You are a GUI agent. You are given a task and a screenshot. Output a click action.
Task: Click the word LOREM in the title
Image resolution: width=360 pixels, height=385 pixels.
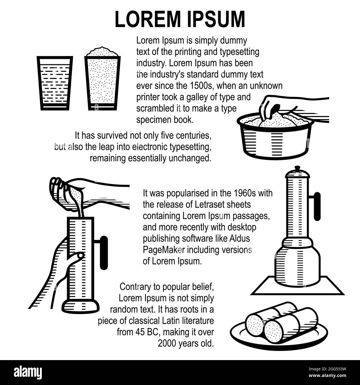coord(148,19)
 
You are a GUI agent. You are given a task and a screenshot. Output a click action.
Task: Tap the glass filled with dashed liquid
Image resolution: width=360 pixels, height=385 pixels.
coord(55,83)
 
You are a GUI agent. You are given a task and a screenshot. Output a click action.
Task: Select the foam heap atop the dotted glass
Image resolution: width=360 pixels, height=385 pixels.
coord(102,52)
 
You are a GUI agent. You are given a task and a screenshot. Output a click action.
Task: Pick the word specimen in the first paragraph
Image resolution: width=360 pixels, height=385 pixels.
coord(154,120)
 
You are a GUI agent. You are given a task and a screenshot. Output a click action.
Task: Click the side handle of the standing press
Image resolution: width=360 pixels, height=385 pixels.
coord(317,206)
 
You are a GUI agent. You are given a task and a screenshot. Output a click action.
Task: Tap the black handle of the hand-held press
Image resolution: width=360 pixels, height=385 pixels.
coord(104,253)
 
